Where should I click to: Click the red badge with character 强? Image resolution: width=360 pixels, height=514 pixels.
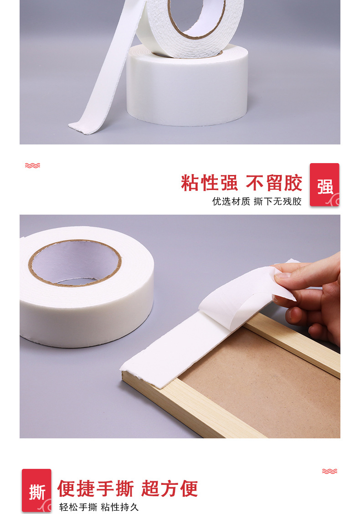click(324, 185)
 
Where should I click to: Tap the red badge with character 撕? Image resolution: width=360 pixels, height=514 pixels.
click(36, 490)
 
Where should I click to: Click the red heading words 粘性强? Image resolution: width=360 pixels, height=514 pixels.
click(209, 183)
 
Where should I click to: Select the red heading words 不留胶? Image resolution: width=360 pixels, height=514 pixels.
click(274, 183)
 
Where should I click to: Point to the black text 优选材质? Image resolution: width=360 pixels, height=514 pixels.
click(231, 201)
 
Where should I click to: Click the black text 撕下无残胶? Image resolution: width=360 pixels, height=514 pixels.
click(278, 201)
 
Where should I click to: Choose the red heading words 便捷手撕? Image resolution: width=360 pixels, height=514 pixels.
click(96, 488)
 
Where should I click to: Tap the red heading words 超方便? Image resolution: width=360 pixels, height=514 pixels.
click(170, 488)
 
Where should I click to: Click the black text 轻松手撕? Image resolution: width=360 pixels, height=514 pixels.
click(78, 507)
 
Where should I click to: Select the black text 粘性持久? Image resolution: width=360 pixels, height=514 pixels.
click(120, 507)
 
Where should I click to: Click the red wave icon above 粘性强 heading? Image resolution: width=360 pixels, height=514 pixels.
click(32, 165)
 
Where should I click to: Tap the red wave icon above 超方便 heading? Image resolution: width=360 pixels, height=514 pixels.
click(329, 471)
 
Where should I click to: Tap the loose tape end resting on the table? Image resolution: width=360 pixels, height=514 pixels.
click(84, 126)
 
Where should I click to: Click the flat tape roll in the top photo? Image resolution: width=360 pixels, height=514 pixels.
click(187, 87)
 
